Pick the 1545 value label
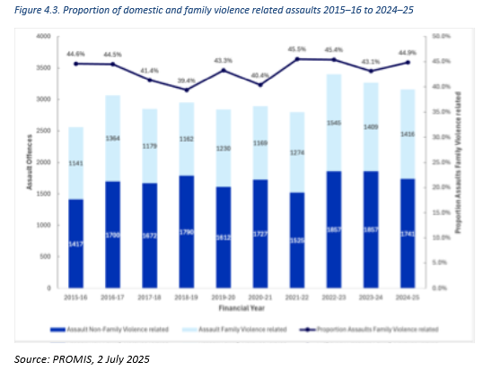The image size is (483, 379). pos(334,122)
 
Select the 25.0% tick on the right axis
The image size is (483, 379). pos(441,162)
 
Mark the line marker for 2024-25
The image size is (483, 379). pos(409,63)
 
